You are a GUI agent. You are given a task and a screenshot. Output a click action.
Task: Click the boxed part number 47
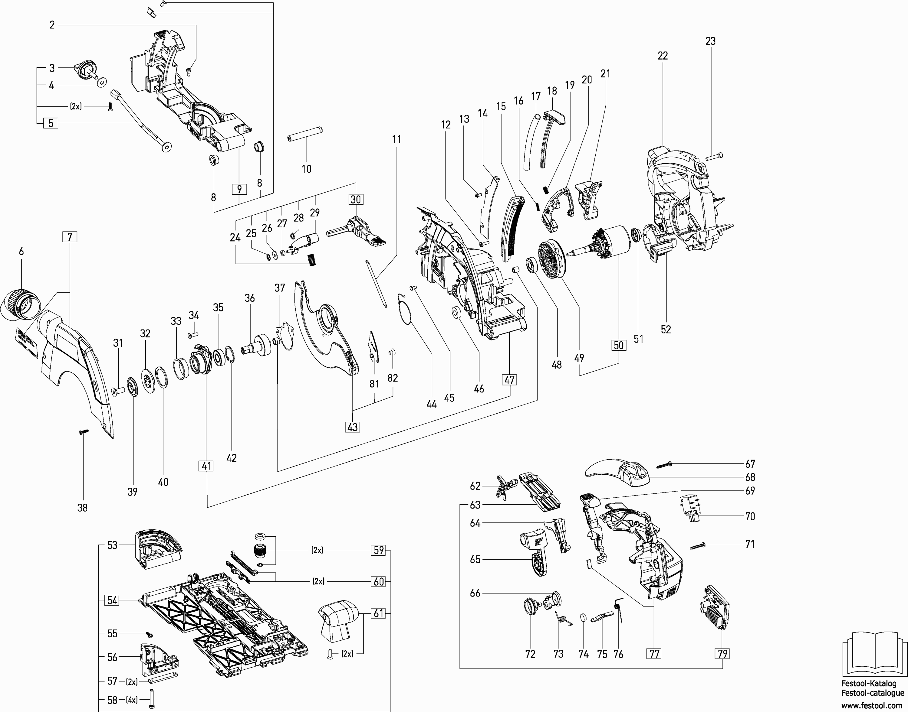click(509, 379)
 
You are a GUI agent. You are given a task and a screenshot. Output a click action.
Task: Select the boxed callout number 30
click(356, 199)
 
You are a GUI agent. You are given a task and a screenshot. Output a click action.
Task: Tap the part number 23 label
click(710, 41)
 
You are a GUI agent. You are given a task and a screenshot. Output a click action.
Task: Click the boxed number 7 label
click(70, 237)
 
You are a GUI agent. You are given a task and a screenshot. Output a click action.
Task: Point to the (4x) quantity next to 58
click(132, 700)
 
